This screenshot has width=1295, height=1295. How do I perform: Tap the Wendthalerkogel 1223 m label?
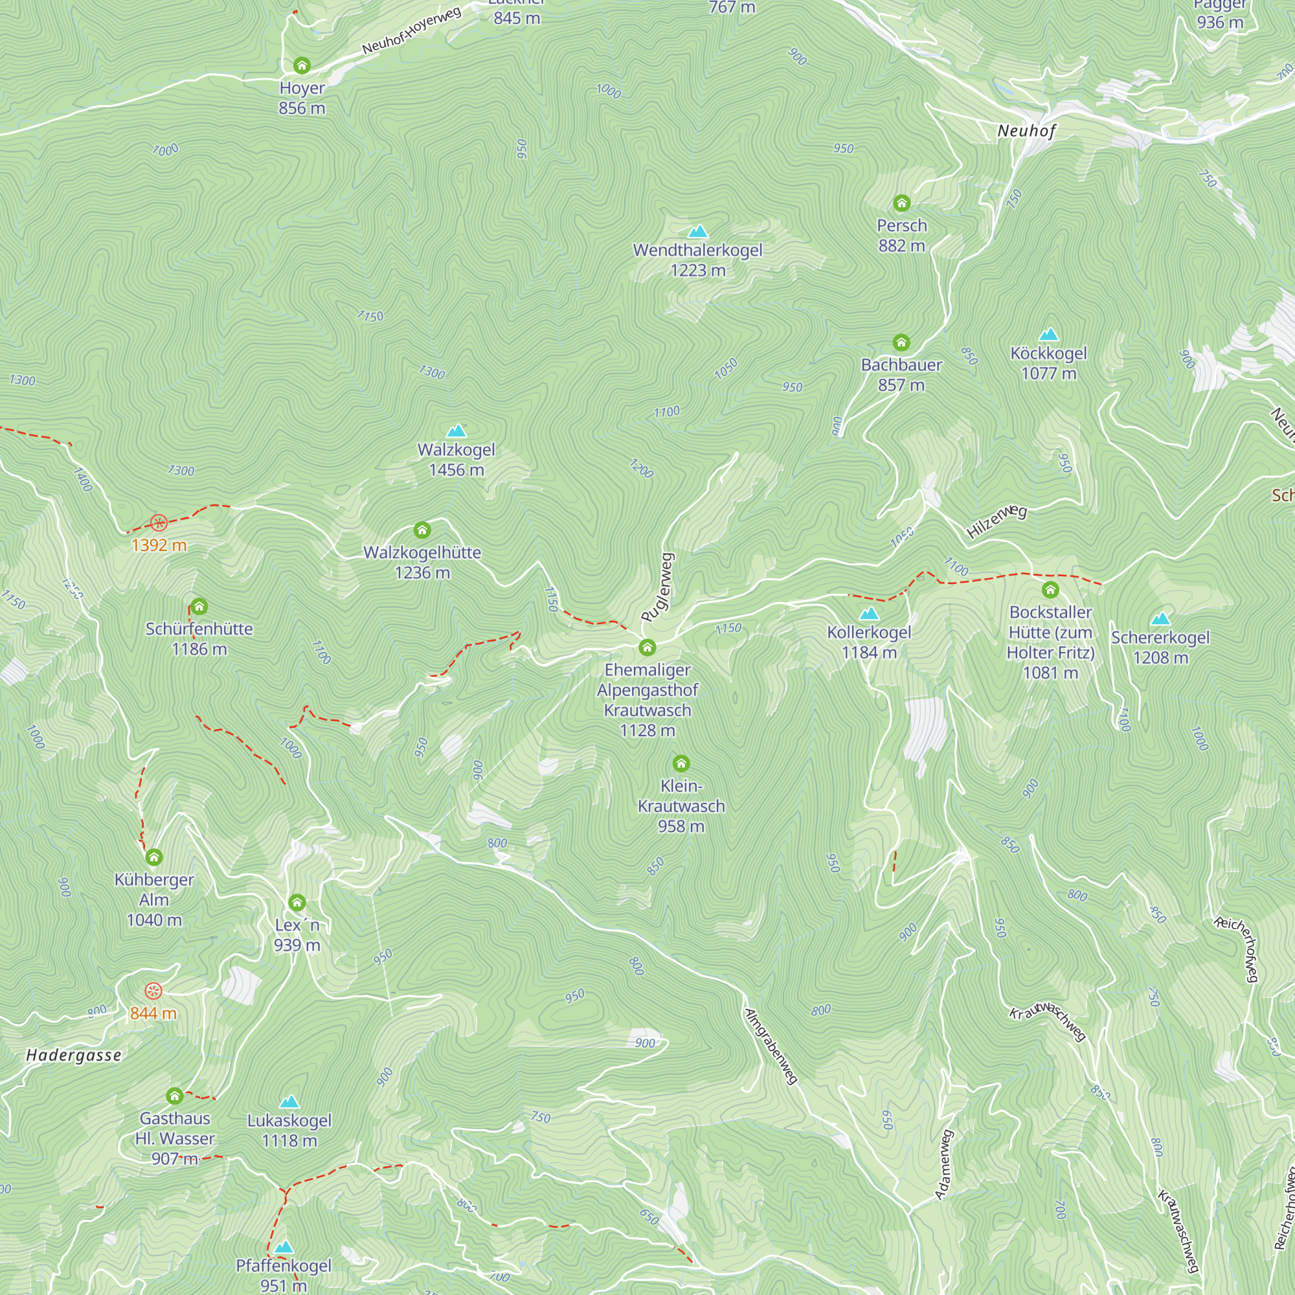click(698, 260)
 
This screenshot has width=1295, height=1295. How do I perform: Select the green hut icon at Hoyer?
click(302, 65)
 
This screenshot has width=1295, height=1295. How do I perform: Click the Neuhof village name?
click(1026, 131)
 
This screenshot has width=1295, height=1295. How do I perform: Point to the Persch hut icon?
click(901, 203)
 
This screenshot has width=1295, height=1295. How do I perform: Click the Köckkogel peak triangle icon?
click(1048, 334)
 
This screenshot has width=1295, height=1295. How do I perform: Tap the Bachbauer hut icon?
click(901, 343)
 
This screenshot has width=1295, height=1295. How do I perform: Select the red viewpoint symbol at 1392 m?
click(159, 523)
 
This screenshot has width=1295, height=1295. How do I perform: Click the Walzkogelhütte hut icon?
click(422, 531)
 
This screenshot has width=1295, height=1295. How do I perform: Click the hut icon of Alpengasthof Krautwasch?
click(647, 647)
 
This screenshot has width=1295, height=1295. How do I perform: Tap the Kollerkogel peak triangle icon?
click(869, 613)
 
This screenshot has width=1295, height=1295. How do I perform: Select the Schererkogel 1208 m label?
click(1160, 647)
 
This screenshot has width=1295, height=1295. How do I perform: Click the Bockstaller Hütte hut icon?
click(1050, 590)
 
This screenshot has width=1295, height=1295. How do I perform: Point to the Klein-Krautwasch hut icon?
click(681, 763)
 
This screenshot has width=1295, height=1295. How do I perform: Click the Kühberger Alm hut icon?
click(154, 857)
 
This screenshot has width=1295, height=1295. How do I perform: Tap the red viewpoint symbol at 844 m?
click(153, 991)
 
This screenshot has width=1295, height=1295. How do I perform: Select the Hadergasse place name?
click(74, 1055)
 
